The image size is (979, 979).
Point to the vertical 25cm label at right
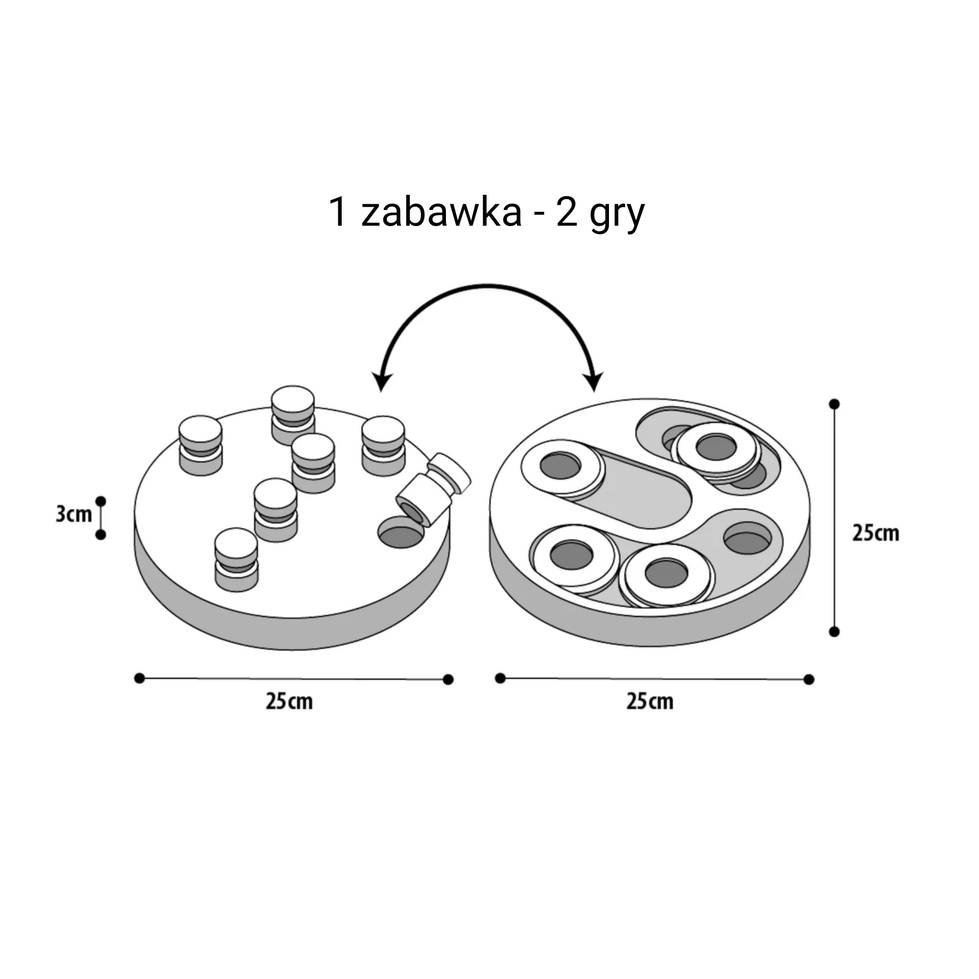coord(875,533)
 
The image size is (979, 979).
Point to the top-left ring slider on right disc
coord(561,466)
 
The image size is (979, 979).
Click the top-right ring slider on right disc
coord(716,448)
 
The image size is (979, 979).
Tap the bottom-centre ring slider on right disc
coord(666,575)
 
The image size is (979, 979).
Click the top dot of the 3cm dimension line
coord(101,501)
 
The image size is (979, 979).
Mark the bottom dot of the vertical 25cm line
coord(834,631)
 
